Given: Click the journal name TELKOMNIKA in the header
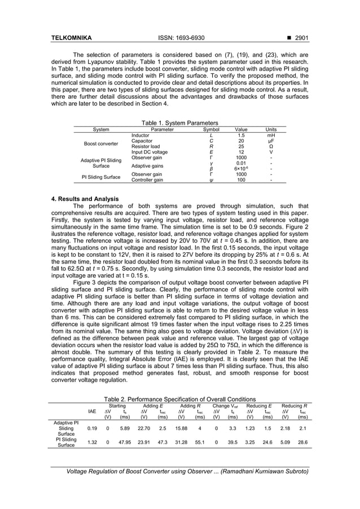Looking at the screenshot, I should tap(72, 38).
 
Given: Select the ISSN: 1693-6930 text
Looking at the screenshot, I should tap(179, 38).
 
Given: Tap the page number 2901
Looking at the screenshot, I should tap(296, 38).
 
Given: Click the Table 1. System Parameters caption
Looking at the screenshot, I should tap(179, 123).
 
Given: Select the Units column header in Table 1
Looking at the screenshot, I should tap(271, 129).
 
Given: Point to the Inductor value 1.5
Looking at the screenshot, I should tap(241, 135).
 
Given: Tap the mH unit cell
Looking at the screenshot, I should tap(271, 135).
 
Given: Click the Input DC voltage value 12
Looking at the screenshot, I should tap(241, 152).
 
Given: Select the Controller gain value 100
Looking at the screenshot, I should tap(241, 180).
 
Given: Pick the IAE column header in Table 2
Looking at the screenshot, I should tap(92, 411).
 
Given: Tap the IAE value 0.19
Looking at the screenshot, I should tap(92, 428).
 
